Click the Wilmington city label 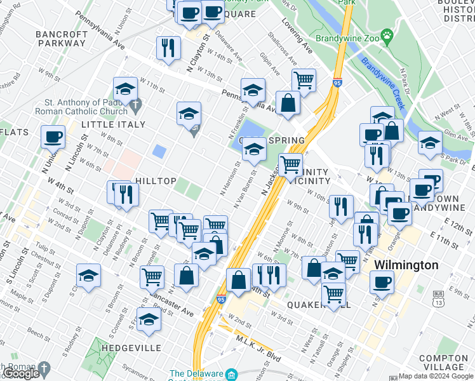[406, 265]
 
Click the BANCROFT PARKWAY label [61, 39]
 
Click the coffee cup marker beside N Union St [53, 137]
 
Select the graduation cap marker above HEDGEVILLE [149, 319]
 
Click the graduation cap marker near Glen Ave [430, 143]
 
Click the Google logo [21, 373]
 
